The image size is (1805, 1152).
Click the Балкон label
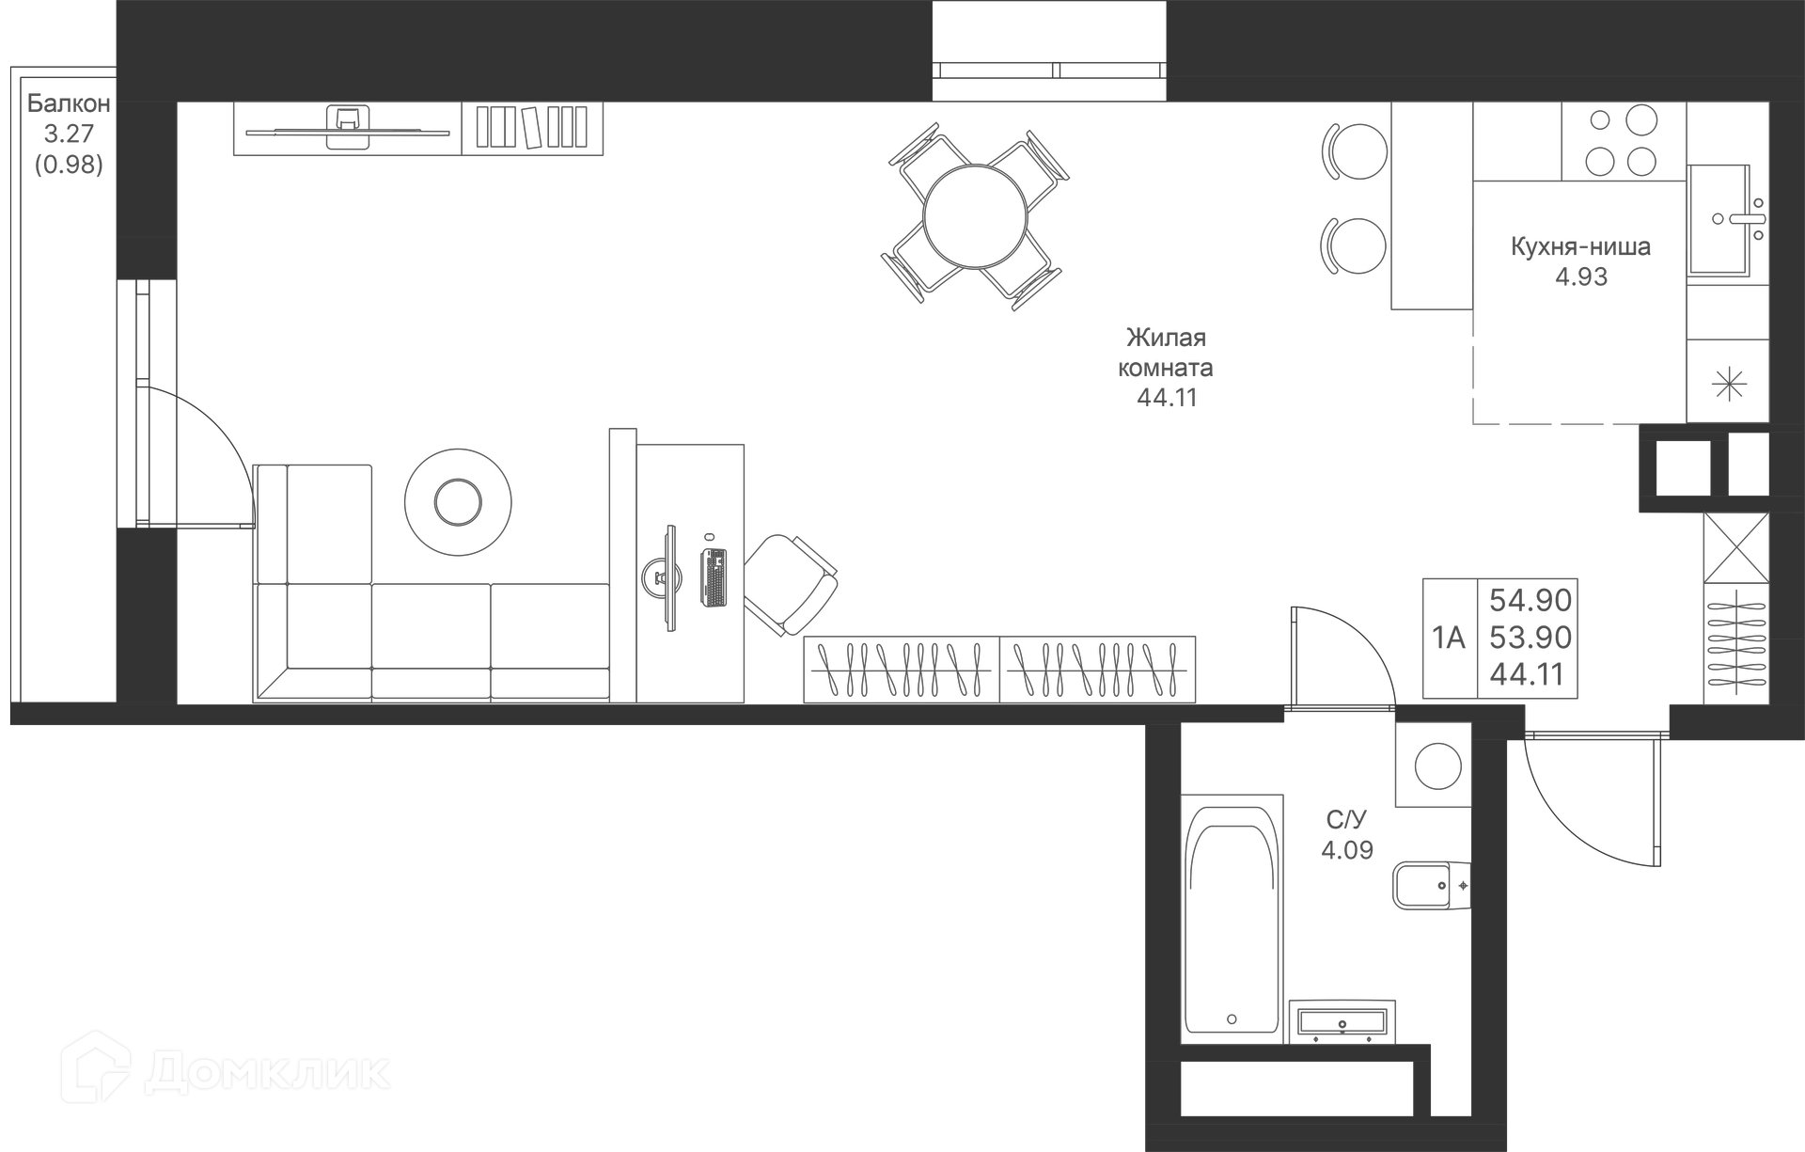(x=69, y=103)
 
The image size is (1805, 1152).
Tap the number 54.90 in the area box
(x=1530, y=600)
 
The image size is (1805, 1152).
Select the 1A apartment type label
(x=1449, y=639)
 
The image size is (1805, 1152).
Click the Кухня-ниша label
(x=1580, y=247)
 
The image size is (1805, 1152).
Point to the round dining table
(x=975, y=217)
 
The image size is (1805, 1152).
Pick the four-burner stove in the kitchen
(x=1623, y=141)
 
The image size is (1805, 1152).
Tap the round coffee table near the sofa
(x=458, y=502)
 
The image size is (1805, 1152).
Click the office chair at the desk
(x=791, y=584)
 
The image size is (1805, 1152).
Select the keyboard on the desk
(x=714, y=576)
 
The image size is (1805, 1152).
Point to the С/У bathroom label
(x=1345, y=820)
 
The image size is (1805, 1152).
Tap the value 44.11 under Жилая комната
(x=1167, y=398)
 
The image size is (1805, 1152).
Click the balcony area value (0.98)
(x=69, y=165)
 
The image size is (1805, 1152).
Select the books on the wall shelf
(x=531, y=127)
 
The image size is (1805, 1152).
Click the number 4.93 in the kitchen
(x=1581, y=277)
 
